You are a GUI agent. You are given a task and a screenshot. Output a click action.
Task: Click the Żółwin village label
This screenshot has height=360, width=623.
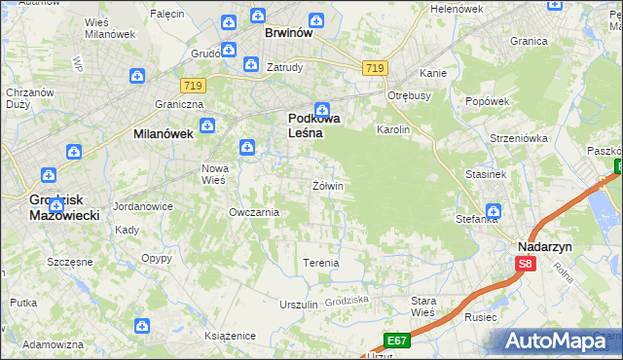pos(328,186)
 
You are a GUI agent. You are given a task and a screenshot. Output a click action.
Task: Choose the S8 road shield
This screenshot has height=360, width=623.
pos(527,264)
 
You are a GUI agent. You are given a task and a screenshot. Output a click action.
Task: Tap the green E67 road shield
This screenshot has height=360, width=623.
pos(396,340)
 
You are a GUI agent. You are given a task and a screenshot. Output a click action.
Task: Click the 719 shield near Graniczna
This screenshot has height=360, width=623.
pos(191,87)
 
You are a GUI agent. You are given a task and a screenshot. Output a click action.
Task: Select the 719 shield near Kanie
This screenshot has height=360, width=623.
pos(375,68)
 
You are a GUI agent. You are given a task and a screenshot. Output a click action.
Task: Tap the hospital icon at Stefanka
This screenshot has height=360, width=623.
pos(493,210)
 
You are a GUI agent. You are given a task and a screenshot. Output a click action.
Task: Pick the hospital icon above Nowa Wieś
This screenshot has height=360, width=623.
pos(248,148)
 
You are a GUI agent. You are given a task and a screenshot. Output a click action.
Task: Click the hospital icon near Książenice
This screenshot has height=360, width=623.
pos(142,325)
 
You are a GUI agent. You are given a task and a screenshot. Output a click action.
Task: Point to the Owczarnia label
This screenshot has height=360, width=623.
pos(254,212)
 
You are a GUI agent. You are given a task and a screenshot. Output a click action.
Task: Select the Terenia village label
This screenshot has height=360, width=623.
pos(321,264)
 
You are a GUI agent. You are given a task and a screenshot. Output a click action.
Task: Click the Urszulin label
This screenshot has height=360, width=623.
pos(299,305)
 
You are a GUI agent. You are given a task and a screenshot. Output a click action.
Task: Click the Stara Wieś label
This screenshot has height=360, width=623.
pos(423,306)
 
